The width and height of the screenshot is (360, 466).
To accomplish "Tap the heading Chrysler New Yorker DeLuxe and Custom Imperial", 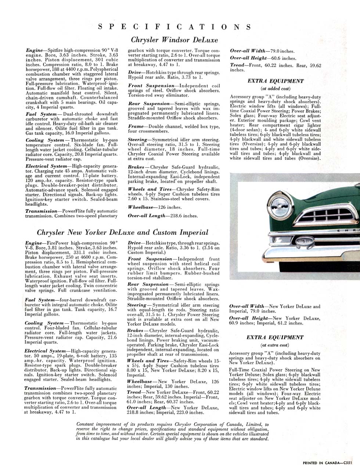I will coord(123,232).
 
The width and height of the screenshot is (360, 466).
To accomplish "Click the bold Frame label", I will coord(136,126).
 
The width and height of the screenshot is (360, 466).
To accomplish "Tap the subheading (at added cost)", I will coord(275,89).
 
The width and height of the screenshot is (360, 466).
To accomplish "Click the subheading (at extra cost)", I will coord(275,345).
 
